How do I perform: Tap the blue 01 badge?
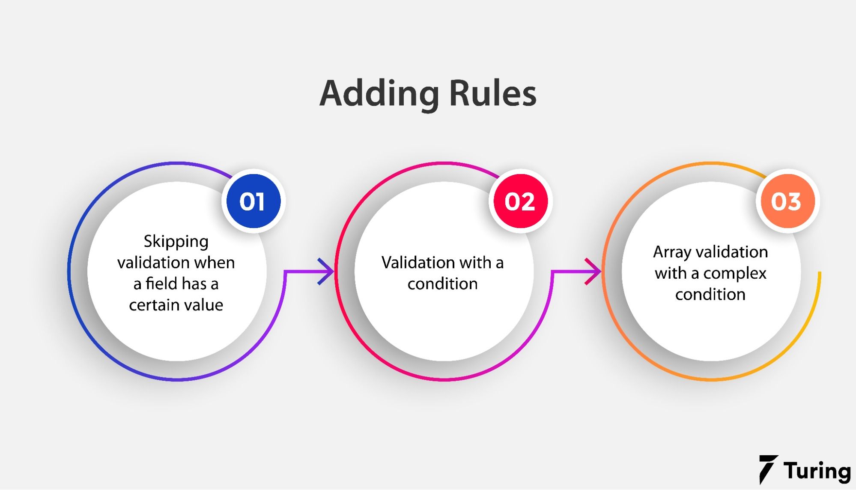coord(253,201)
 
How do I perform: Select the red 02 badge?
coord(520,201)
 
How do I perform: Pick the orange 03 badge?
coord(787,201)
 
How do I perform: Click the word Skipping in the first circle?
coord(176,242)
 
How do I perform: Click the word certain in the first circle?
coord(149,305)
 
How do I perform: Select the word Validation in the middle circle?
coord(412,262)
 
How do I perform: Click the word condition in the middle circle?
coord(442,284)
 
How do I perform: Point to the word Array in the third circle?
coord(671,252)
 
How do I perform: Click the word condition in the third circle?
coord(710,295)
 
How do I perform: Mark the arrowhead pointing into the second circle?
coord(327,271)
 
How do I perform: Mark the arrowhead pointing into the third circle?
coord(594,271)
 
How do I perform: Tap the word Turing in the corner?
coord(817,471)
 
